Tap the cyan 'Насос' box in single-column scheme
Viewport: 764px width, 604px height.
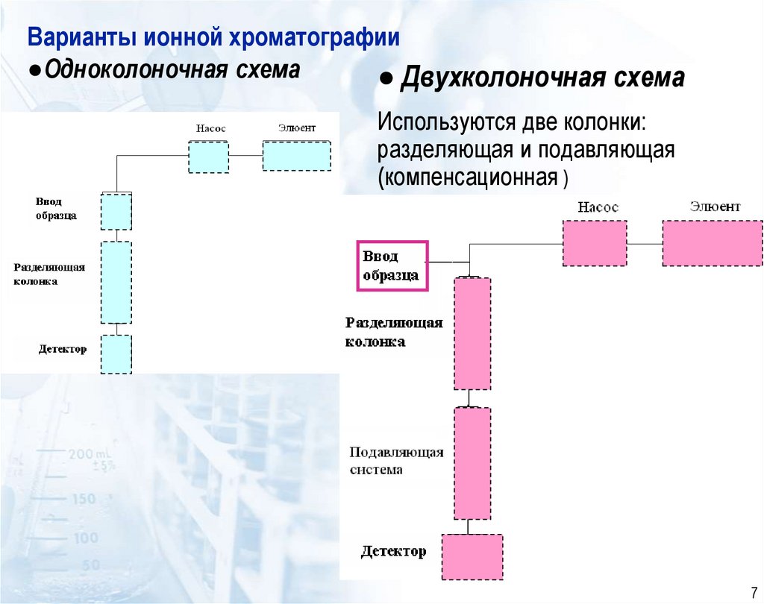[208, 157]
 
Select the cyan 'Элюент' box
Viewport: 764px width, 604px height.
[297, 156]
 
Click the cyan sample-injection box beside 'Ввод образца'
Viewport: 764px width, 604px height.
[116, 211]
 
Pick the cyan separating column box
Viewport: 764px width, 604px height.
[116, 282]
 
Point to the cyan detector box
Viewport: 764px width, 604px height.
[116, 353]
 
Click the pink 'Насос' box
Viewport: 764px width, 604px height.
[595, 243]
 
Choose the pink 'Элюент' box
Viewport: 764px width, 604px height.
[713, 243]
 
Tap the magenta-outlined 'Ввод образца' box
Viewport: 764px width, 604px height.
[392, 265]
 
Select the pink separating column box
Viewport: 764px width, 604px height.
[472, 333]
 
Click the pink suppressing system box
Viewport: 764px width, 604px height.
[472, 463]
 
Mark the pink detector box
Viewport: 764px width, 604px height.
[472, 556]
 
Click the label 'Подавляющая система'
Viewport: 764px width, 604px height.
[397, 461]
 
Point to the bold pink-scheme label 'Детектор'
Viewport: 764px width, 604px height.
[394, 552]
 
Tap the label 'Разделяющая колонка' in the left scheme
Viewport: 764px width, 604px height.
[49, 274]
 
